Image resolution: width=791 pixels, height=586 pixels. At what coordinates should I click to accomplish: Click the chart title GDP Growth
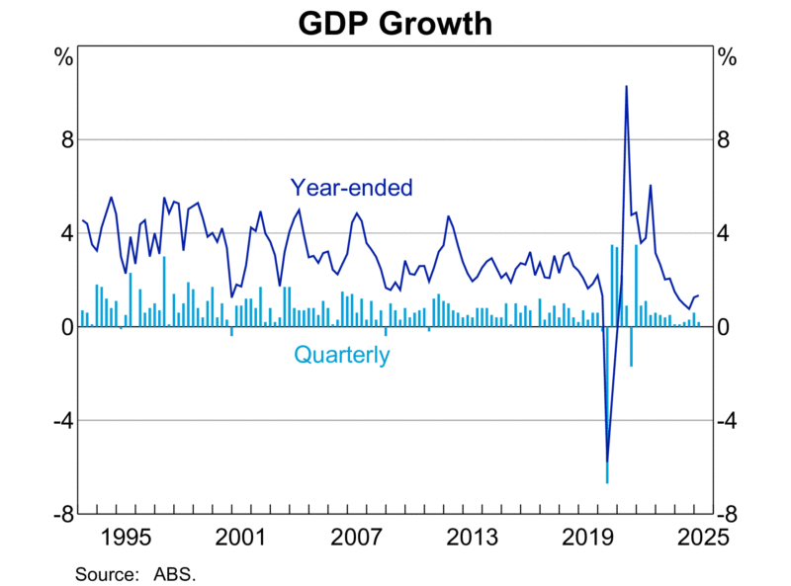395,22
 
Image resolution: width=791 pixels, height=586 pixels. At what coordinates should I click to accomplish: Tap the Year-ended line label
351,187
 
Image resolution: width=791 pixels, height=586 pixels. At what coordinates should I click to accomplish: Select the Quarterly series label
342,355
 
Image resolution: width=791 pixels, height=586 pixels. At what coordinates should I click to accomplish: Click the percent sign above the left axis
62,56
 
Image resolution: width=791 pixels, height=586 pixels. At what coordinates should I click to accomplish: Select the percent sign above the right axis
728,56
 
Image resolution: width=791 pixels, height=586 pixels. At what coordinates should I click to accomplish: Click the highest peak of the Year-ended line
626,86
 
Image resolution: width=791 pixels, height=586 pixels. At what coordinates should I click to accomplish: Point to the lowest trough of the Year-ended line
607,461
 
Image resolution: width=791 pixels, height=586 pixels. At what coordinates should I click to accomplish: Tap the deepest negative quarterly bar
607,481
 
